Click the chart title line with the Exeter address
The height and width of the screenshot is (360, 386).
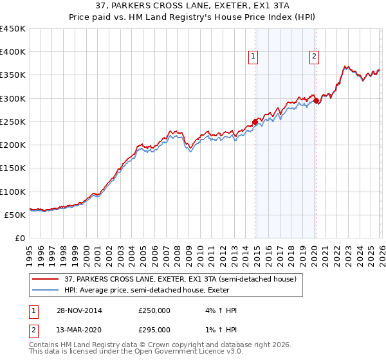pos(193,6)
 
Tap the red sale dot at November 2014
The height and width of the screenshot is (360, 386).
pos(255,122)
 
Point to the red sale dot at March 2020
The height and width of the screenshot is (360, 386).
pos(316,100)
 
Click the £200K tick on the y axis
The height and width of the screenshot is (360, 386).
pos(13,145)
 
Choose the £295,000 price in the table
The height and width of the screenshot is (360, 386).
pos(154,330)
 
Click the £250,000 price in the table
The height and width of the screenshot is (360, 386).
pos(154,310)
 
